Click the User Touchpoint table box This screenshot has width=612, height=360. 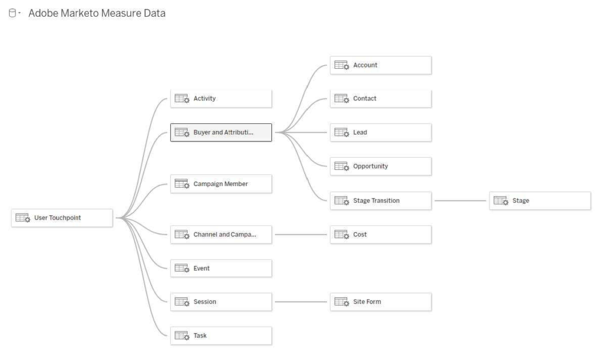62,218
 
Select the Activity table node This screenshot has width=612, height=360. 221,99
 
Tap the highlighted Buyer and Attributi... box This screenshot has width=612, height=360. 221,132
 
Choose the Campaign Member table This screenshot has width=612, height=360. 221,184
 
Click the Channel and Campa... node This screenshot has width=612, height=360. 221,234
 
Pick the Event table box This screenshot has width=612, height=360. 221,269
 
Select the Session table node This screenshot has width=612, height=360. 221,302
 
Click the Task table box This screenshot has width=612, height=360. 221,335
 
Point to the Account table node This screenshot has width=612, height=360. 381,65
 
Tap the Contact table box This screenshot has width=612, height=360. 381,99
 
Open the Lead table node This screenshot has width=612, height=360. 381,132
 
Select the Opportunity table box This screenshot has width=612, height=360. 381,166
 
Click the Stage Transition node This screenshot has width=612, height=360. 381,201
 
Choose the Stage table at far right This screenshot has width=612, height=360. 540,201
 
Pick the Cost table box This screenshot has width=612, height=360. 381,234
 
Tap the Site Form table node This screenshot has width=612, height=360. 381,302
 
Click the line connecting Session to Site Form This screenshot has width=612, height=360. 301,302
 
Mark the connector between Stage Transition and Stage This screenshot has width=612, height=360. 460,201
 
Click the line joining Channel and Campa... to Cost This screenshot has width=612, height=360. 301,234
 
